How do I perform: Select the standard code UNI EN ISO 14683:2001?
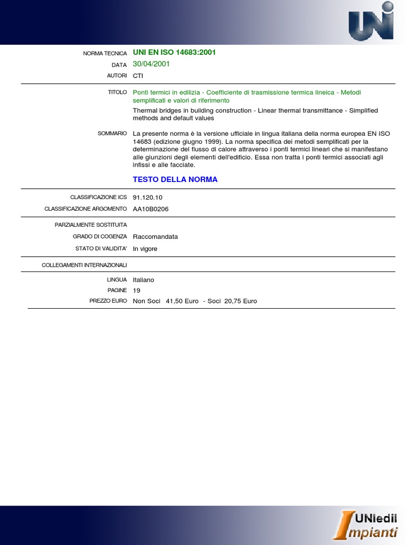(174, 53)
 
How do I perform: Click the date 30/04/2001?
(151, 64)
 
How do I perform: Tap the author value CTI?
(138, 76)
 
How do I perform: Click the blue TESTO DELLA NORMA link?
(175, 179)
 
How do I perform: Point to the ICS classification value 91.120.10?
(148, 197)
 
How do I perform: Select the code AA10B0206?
(151, 209)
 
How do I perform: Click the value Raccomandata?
(156, 237)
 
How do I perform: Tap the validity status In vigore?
(145, 249)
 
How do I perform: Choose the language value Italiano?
(143, 279)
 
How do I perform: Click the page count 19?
(136, 290)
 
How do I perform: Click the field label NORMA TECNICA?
(105, 53)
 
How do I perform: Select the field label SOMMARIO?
(112, 133)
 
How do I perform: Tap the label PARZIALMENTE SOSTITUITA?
(91, 225)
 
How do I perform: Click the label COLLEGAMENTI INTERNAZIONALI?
(84, 265)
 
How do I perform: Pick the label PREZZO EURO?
(108, 301)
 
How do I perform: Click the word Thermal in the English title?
(144, 111)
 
